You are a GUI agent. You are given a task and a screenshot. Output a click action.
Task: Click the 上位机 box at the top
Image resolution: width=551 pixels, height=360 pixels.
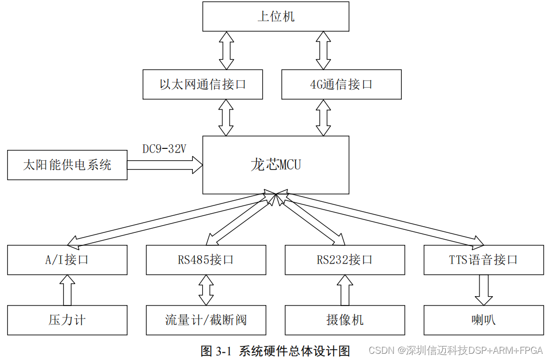pyautogui.click(x=276, y=17)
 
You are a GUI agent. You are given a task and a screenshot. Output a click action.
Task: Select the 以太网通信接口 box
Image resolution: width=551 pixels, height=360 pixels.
pyautogui.click(x=203, y=84)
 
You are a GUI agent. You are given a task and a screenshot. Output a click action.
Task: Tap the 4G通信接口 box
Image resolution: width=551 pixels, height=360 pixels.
pyautogui.click(x=341, y=84)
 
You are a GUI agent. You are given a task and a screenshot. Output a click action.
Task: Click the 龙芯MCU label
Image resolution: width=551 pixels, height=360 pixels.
pyautogui.click(x=276, y=165)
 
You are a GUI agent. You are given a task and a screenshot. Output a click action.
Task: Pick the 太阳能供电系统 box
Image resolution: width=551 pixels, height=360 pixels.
pyautogui.click(x=67, y=165)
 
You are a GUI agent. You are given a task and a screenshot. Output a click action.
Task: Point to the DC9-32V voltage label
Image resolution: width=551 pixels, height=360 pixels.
pyautogui.click(x=164, y=149)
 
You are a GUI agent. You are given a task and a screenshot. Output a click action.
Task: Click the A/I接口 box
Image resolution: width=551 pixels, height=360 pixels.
pyautogui.click(x=67, y=260)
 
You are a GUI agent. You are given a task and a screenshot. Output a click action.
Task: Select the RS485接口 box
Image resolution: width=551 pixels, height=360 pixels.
pyautogui.click(x=206, y=260)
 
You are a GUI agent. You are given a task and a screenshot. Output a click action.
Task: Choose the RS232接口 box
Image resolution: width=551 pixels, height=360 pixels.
pyautogui.click(x=345, y=260)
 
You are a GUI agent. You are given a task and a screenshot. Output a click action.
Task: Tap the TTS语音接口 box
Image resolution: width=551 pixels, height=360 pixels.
pyautogui.click(x=484, y=260)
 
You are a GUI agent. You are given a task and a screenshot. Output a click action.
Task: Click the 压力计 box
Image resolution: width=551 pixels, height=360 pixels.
pyautogui.click(x=67, y=320)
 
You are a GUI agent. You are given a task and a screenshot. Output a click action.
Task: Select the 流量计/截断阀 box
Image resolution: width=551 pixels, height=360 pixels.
pyautogui.click(x=206, y=320)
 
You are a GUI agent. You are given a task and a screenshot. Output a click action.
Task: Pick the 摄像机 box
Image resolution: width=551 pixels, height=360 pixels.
pyautogui.click(x=345, y=320)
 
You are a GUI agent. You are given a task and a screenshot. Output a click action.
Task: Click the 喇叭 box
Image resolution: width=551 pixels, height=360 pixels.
pyautogui.click(x=484, y=320)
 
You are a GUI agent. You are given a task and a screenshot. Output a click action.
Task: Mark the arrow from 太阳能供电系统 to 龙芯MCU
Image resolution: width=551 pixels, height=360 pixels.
pyautogui.click(x=164, y=165)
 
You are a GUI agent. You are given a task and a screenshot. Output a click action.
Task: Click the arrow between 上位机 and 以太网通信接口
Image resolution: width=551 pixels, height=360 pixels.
pyautogui.click(x=227, y=50)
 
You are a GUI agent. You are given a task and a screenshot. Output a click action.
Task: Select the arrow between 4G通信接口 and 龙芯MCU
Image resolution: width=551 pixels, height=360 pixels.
pyautogui.click(x=323, y=117)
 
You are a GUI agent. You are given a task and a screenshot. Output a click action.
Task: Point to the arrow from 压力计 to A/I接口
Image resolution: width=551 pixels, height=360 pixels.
pyautogui.click(x=67, y=290)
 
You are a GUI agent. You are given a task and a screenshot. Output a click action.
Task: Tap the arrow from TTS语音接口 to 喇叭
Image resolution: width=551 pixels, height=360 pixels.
pyautogui.click(x=484, y=290)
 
